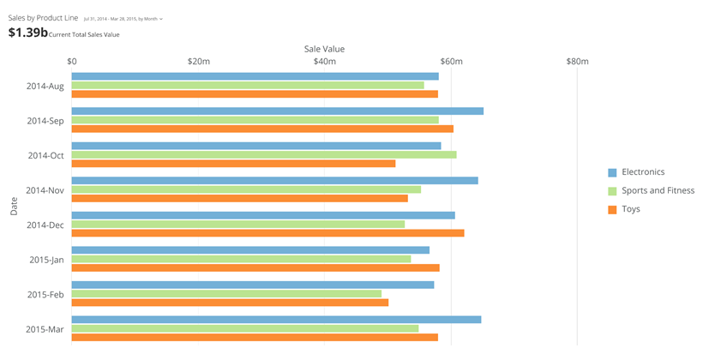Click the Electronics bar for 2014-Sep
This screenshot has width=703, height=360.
point(277,111)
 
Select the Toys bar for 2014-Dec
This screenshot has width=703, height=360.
point(267,233)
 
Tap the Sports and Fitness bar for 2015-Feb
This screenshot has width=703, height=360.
point(226,293)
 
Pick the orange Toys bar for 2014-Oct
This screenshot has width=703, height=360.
point(233,164)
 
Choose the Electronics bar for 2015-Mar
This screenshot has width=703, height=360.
point(276,320)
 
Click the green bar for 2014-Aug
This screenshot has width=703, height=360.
point(248,85)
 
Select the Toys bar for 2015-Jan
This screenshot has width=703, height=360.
point(255,267)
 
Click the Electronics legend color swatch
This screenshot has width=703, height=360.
point(612,172)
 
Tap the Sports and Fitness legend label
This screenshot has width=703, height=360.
point(658,190)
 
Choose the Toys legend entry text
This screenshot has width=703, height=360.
point(631,209)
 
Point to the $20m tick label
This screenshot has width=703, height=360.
point(198,62)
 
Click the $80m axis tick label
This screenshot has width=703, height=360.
point(577,62)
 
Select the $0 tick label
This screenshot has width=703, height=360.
point(72,62)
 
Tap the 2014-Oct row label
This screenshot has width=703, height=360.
point(45,155)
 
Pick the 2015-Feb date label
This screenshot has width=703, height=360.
point(45,294)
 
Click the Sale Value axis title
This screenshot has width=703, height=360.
point(324,49)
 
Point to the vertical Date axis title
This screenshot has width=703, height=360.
point(14,206)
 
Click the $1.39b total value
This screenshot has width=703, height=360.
point(27,33)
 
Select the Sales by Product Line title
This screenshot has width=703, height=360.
point(43,18)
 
